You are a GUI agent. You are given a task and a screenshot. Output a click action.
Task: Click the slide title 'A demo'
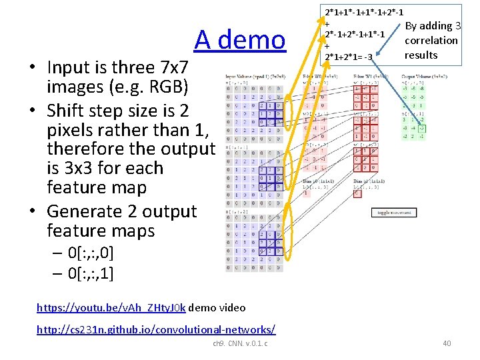click(240, 40)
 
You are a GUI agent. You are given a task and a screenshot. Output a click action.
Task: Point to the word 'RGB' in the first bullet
click(167, 87)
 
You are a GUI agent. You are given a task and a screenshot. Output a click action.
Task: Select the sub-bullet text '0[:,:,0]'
click(91, 253)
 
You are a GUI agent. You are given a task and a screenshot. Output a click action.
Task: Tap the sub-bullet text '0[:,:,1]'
click(91, 273)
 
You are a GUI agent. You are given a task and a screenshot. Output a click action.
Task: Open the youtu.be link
click(111, 308)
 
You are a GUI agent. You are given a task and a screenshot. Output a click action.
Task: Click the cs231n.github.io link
click(156, 330)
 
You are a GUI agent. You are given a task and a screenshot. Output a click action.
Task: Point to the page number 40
click(446, 343)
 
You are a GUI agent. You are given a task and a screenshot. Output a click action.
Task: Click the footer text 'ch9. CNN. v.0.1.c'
click(240, 343)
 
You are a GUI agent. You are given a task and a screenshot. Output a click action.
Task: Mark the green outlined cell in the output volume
click(422, 129)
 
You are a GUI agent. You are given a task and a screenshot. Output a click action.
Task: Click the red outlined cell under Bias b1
click(357, 193)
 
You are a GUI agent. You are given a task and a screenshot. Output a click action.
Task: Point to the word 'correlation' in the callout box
click(431, 40)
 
